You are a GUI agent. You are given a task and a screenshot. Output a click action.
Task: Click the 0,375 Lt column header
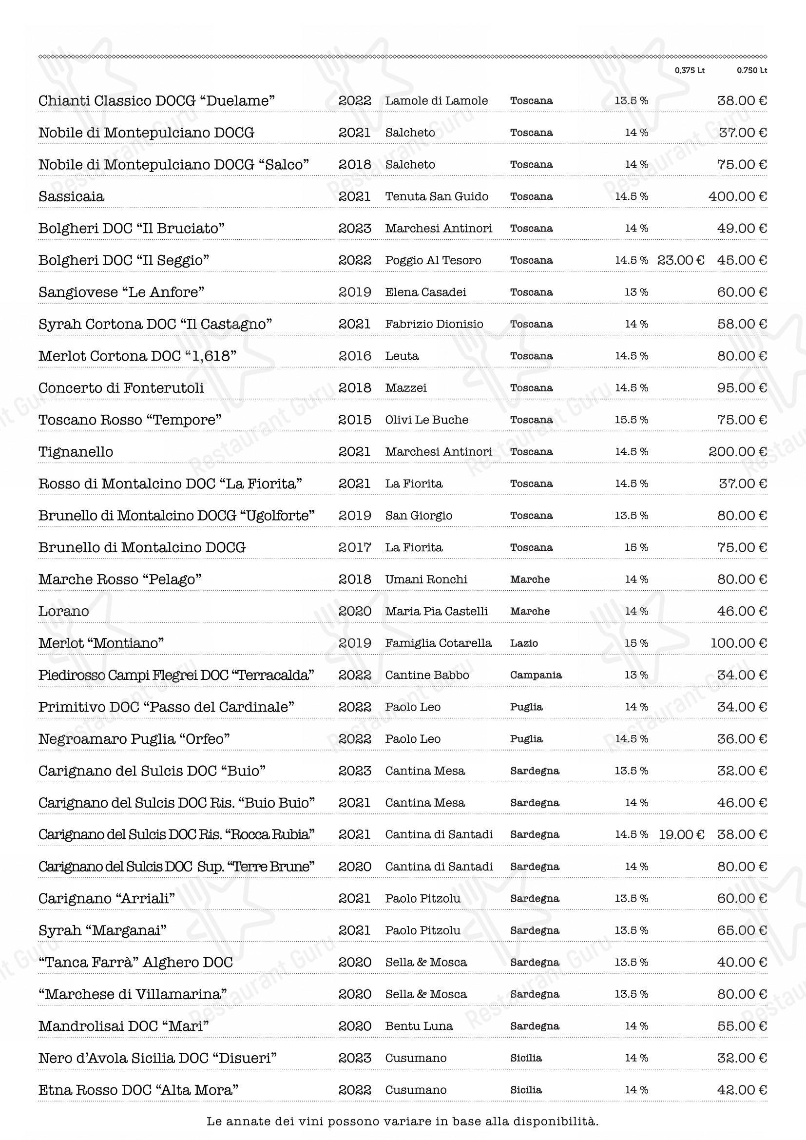[x=690, y=71]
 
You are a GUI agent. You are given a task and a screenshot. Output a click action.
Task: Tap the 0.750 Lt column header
[x=751, y=71]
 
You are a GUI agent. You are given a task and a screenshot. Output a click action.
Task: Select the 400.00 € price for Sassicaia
[x=737, y=196]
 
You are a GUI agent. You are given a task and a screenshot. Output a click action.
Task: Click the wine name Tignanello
[x=76, y=452]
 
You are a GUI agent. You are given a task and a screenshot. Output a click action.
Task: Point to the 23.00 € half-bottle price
[x=680, y=260]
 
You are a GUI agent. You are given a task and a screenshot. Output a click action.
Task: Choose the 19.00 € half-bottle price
[x=681, y=834]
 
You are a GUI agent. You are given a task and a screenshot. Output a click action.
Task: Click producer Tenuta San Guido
[x=437, y=196]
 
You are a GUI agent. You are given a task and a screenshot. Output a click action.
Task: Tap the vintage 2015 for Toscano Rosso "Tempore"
[x=354, y=420]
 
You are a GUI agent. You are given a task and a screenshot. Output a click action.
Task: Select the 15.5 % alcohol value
[x=631, y=420]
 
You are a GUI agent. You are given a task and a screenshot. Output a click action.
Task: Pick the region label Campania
[x=536, y=675]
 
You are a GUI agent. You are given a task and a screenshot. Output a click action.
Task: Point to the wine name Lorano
[x=63, y=611]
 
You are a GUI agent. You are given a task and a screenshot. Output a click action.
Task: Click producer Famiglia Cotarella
[x=438, y=643]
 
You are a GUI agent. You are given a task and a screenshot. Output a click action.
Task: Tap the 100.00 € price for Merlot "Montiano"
[x=738, y=643]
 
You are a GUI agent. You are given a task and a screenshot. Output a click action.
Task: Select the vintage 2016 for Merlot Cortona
[x=354, y=356]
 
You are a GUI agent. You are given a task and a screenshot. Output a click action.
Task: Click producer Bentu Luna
[x=419, y=1026]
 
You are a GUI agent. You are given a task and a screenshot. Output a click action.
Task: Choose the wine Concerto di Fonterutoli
[x=121, y=388]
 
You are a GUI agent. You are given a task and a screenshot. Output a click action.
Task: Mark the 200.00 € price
[x=737, y=452]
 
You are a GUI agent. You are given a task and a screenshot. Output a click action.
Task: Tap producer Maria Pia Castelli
[x=436, y=611]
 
